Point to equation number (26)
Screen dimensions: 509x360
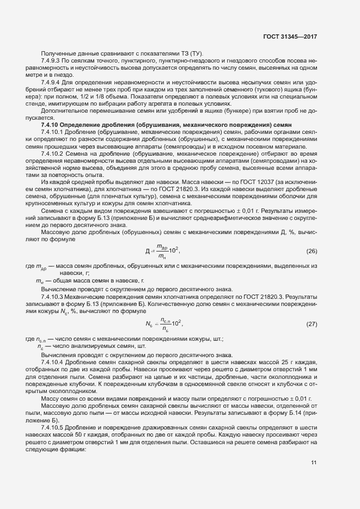(312, 252)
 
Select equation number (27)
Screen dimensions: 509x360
(312, 324)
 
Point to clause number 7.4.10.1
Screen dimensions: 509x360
(54, 132)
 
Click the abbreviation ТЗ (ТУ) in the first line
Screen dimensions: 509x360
(188, 52)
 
